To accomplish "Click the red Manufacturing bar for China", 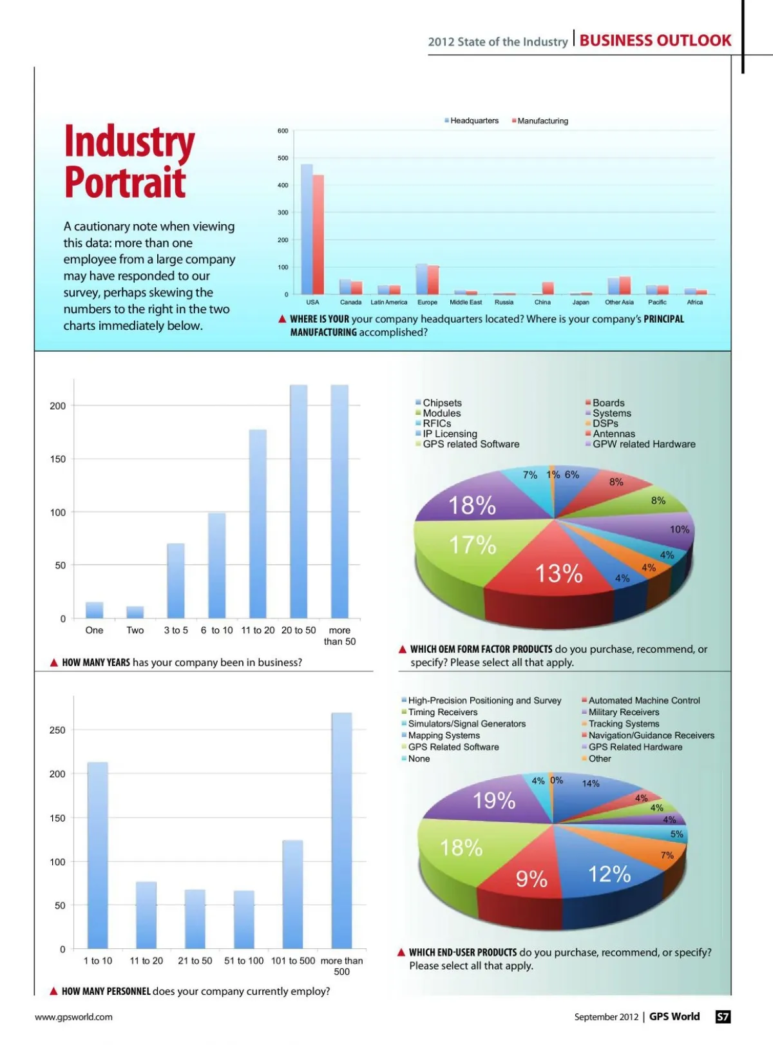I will click(x=548, y=289).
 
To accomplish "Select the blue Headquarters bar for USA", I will click(x=307, y=229).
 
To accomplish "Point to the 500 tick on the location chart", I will click(x=283, y=158).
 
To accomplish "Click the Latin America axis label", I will click(x=388, y=302).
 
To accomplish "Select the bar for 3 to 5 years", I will click(x=176, y=581).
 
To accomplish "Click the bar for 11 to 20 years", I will click(x=258, y=524).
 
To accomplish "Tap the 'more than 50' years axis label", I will click(x=339, y=636).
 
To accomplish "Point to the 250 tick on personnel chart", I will click(x=57, y=730).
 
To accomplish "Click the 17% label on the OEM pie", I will click(x=472, y=546).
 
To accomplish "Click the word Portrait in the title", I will click(x=125, y=182).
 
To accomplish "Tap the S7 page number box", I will click(x=723, y=1017).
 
